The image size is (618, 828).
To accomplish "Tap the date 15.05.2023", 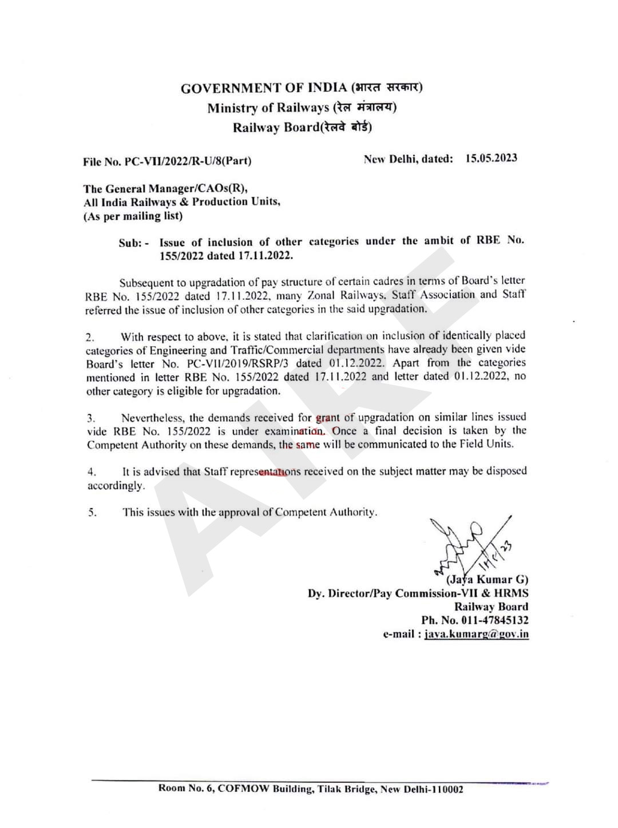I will click(491, 159).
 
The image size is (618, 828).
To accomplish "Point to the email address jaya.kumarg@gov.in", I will click(476, 635).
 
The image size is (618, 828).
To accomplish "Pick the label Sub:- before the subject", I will click(134, 243).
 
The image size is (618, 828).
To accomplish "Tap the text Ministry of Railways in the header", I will click(268, 108).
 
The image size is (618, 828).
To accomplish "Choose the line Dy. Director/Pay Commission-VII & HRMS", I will click(418, 593).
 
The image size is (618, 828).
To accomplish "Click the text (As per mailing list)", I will click(133, 216).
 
